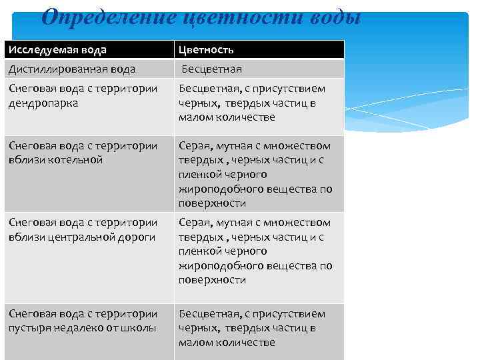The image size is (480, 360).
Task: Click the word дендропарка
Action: coord(43,103)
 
